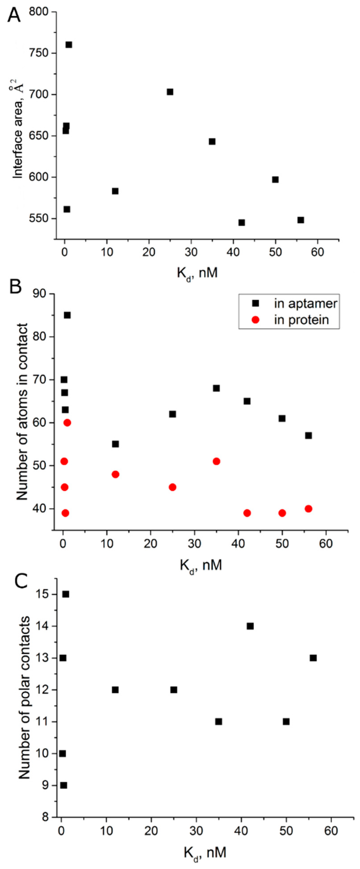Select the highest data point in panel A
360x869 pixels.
tap(69, 45)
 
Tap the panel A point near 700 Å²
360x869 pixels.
tap(170, 92)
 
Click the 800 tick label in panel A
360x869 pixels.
tap(38, 12)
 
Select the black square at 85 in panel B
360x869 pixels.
tap(67, 315)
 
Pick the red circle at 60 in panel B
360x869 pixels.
tap(67, 423)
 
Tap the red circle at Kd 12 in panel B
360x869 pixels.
tap(115, 474)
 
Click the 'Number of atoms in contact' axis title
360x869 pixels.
tap(22, 411)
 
